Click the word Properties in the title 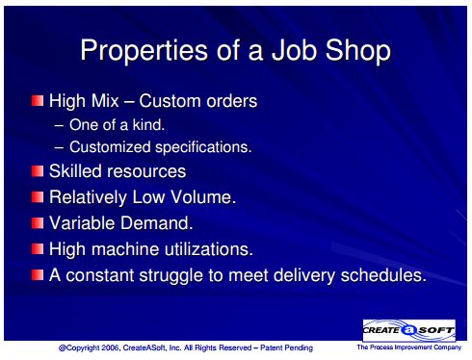click(144, 51)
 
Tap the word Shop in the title click(358, 51)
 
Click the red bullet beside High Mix click(38, 101)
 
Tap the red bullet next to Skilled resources click(38, 171)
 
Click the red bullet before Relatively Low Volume click(38, 196)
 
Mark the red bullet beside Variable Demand click(38, 222)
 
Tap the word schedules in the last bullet click(383, 275)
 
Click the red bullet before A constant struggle click(38, 275)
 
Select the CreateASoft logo click(408, 330)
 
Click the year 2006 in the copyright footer click(110, 347)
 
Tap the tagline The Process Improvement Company click(408, 347)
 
